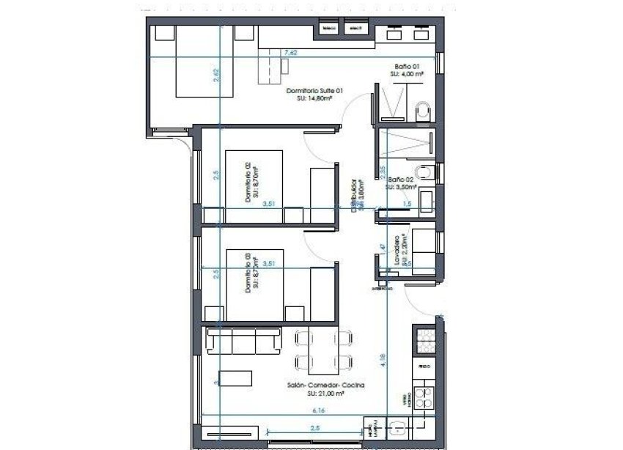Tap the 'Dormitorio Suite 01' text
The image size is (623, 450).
316,91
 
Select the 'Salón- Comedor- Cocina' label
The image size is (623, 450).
327,385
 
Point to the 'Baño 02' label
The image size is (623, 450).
401,180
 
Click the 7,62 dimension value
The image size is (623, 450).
290,53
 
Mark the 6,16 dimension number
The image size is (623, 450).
318,412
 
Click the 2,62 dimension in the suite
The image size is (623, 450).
216,77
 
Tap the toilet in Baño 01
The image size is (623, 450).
423,112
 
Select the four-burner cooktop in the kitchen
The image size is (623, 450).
424,398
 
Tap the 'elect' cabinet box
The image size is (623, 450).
355,29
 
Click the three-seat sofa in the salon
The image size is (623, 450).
243,340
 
